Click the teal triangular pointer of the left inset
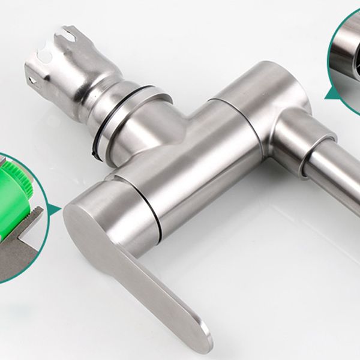56,209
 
